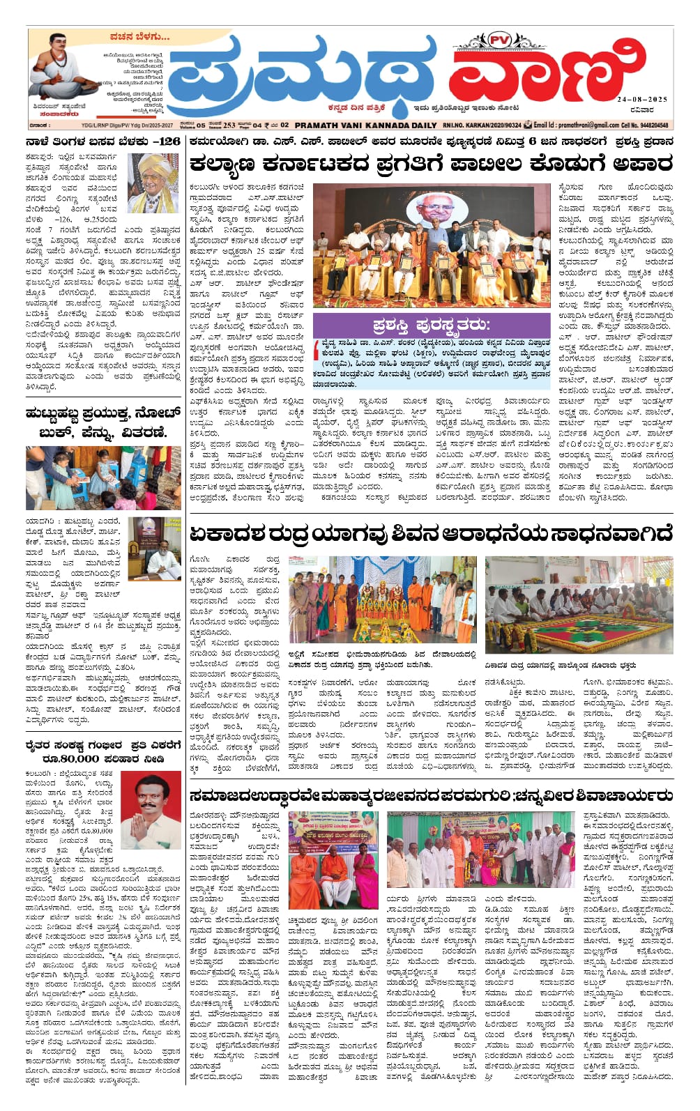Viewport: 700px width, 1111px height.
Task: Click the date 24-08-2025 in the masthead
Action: point(641,100)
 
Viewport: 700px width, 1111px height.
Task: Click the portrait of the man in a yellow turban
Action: point(153,183)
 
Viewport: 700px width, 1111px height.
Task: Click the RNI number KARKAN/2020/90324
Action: point(481,125)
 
